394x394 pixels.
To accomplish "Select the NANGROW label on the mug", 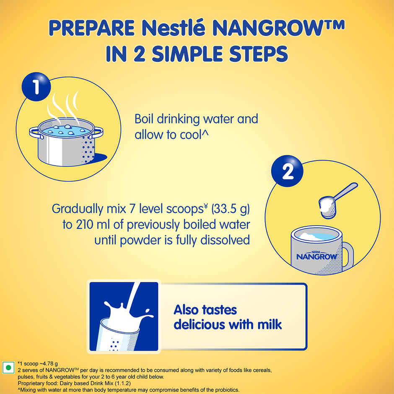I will point(317,256).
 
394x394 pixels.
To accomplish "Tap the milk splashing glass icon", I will point(124,316).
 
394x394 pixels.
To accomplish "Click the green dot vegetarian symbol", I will point(8,368).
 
